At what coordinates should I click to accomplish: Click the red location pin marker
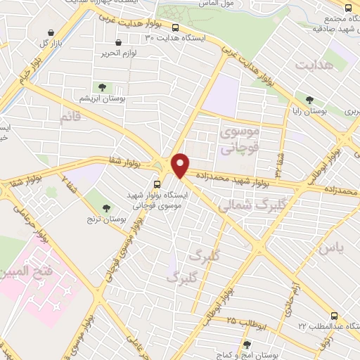click(181, 165)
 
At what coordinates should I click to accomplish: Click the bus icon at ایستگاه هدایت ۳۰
click(175, 29)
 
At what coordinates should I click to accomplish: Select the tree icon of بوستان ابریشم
click(103, 87)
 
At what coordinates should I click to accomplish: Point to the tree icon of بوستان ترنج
click(106, 207)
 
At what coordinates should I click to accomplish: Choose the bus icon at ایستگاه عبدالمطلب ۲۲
click(335, 316)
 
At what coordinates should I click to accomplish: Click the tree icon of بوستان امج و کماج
click(246, 345)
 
